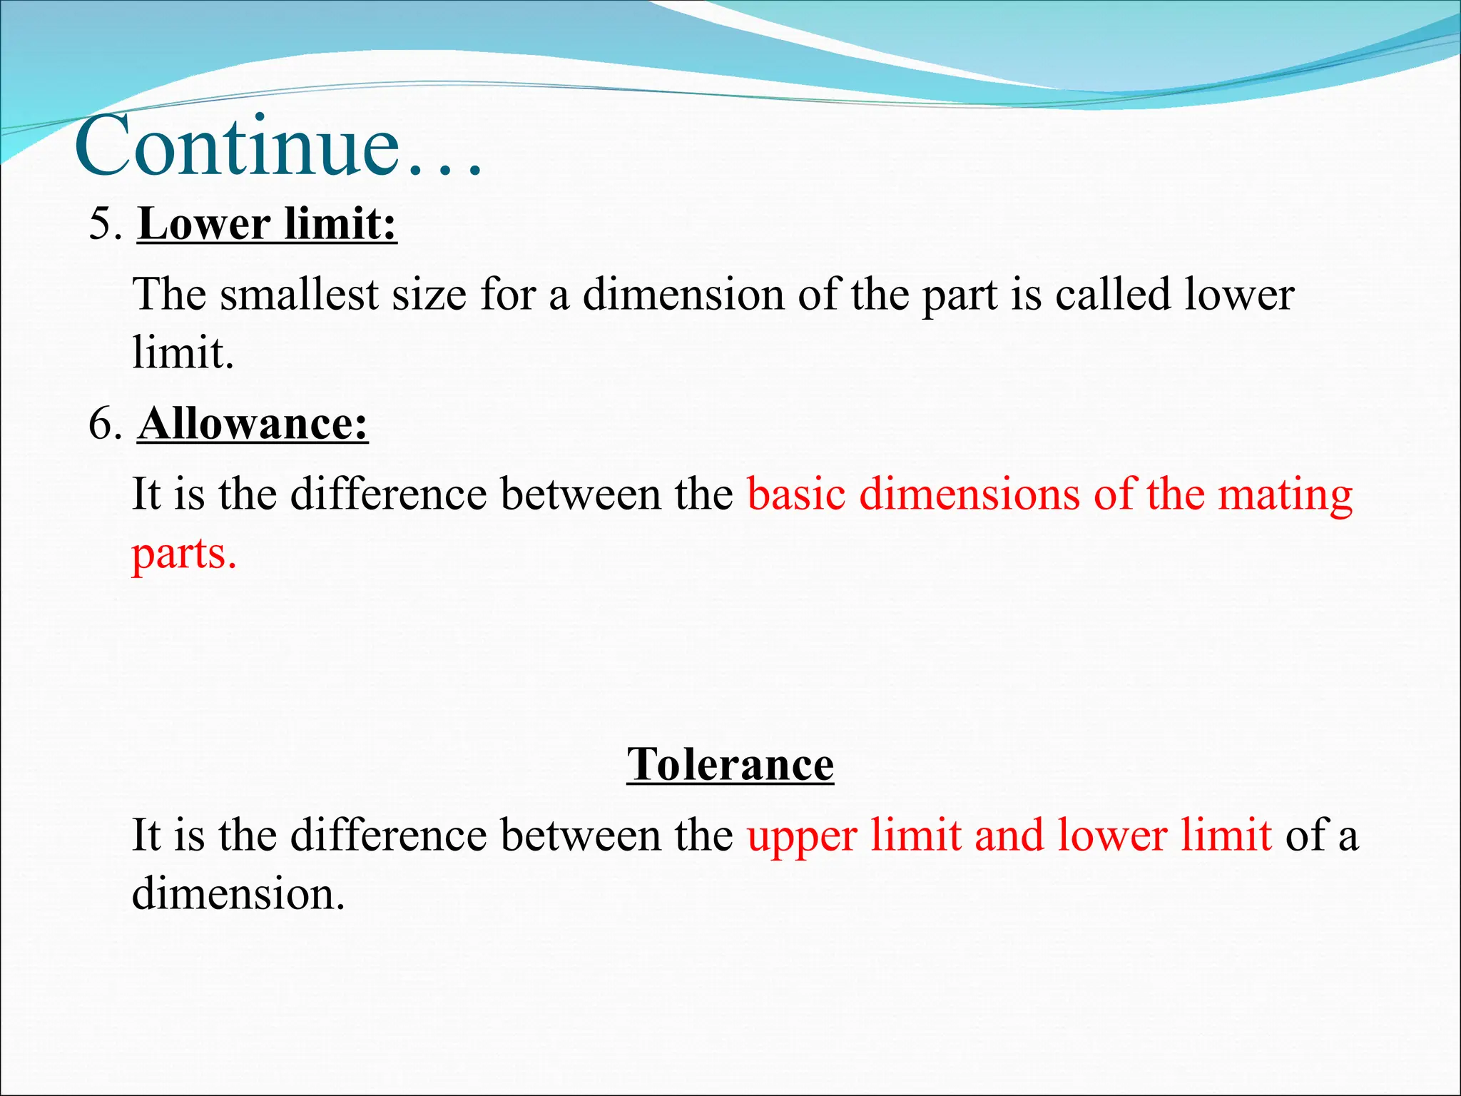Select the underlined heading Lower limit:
click(267, 224)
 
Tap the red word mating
click(1285, 495)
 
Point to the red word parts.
click(183, 554)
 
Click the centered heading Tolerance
click(730, 765)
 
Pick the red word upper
click(802, 836)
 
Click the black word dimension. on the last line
click(238, 893)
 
